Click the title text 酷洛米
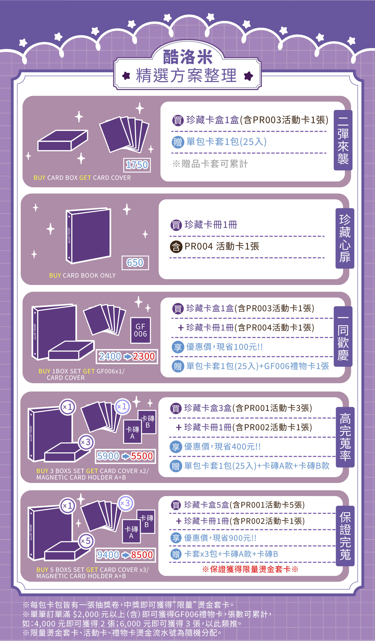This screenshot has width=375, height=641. (188, 57)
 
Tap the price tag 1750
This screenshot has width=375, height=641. (137, 165)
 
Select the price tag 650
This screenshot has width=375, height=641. (135, 262)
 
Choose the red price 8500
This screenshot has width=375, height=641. (142, 555)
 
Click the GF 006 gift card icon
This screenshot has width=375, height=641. (140, 330)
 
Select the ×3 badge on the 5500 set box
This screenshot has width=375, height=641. (86, 442)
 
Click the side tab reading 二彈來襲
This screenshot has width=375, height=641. (343, 140)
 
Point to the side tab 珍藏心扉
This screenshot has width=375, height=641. (345, 238)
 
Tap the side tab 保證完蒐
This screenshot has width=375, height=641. (345, 536)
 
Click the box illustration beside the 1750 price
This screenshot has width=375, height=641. (63, 140)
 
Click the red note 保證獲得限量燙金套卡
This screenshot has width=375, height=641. (250, 569)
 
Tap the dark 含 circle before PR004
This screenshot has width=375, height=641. (176, 246)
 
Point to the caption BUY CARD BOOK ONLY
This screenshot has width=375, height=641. (82, 275)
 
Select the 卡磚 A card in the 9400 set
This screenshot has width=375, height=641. (131, 531)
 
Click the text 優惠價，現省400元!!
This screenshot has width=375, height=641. (222, 446)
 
